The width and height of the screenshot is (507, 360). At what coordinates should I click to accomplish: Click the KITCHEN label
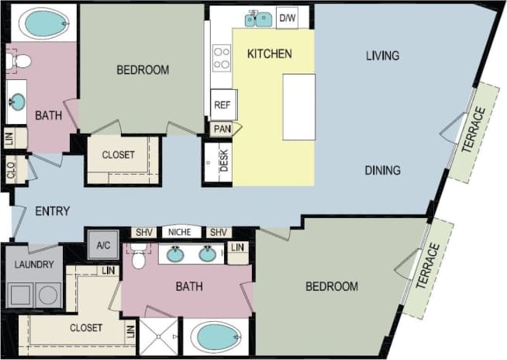[269, 54]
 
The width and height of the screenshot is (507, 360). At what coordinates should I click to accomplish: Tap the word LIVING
[382, 55]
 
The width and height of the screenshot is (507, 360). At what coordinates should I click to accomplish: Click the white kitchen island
[298, 106]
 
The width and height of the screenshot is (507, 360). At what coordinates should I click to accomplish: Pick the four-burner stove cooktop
[222, 58]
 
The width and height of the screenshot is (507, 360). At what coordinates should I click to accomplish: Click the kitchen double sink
[259, 19]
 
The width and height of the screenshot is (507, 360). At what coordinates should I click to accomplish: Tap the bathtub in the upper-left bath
[43, 24]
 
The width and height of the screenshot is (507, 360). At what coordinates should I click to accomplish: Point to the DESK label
[224, 161]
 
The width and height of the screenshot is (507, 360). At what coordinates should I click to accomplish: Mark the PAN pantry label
[222, 129]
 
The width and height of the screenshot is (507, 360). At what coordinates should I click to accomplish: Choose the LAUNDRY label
[33, 265]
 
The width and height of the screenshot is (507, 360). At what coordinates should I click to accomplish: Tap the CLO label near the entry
[11, 170]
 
